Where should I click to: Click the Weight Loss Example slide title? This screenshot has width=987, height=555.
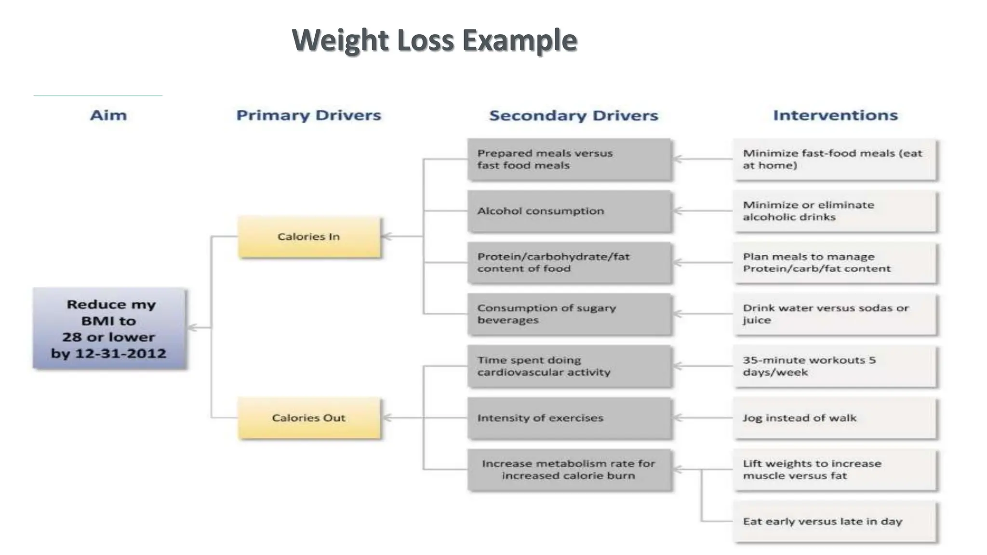pyautogui.click(x=434, y=40)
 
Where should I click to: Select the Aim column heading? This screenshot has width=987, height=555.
pyautogui.click(x=108, y=115)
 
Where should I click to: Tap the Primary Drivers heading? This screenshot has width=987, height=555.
pyautogui.click(x=308, y=115)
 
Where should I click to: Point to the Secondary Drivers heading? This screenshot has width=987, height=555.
pyautogui.click(x=574, y=116)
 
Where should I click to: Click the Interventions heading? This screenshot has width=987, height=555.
pyautogui.click(x=835, y=115)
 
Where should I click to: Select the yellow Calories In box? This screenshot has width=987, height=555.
pyautogui.click(x=309, y=237)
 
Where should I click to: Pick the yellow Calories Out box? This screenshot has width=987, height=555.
pyautogui.click(x=309, y=418)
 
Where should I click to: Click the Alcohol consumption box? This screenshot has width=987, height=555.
pyautogui.click(x=569, y=211)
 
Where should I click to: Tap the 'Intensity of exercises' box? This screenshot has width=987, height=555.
pyautogui.click(x=569, y=418)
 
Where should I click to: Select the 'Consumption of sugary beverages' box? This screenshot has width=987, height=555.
pyautogui.click(x=569, y=314)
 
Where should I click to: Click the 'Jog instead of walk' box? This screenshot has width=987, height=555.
pyautogui.click(x=835, y=418)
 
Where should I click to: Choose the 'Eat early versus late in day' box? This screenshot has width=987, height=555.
pyautogui.click(x=835, y=521)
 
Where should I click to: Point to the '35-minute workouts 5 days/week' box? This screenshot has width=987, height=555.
pyautogui.click(x=835, y=366)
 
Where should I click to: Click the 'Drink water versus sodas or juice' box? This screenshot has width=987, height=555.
pyautogui.click(x=835, y=314)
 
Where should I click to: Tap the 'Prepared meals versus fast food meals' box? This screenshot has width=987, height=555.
pyautogui.click(x=569, y=159)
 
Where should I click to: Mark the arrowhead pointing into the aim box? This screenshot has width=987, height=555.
pyautogui.click(x=191, y=328)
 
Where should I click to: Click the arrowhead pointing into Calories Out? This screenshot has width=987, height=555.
pyautogui.click(x=386, y=418)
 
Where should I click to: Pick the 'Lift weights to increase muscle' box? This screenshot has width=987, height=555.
pyautogui.click(x=835, y=470)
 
